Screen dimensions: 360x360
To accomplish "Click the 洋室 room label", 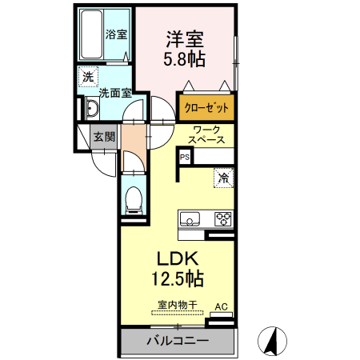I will (185, 38).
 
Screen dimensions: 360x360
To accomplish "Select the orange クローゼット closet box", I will (208, 107).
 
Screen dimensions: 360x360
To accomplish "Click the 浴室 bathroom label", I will (117, 34).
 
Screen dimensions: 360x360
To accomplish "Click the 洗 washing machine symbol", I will (87, 77).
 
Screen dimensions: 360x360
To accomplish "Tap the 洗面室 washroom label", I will (115, 92).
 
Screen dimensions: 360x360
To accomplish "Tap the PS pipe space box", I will (184, 157).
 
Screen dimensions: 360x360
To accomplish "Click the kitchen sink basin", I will (192, 218).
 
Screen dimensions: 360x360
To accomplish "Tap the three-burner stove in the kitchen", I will (222, 218).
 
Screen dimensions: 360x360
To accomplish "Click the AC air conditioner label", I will (222, 306).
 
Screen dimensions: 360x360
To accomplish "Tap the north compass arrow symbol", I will (272, 342).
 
